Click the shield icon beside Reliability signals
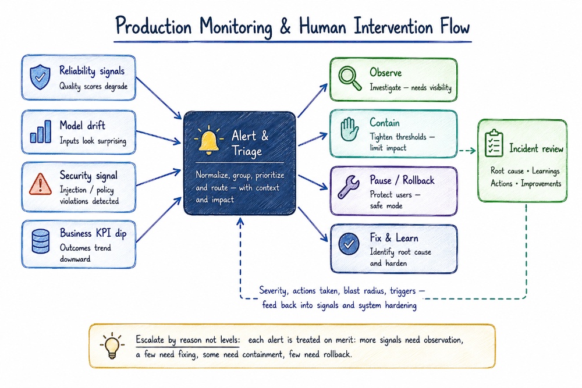point(40,77)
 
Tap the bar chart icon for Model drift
point(41,131)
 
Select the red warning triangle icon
point(40,184)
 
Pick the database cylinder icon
point(41,241)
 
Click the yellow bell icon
point(208,141)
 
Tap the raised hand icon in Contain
point(349,129)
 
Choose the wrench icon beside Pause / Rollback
point(349,187)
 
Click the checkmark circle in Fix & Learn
point(349,244)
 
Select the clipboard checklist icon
point(494,143)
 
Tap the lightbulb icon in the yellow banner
point(112,346)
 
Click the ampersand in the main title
point(285,27)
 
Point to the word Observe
point(385,72)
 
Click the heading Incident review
point(536,149)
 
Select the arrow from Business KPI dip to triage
point(158,219)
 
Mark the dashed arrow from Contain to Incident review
point(467,151)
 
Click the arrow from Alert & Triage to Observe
point(312,101)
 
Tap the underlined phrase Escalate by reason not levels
point(187,340)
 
